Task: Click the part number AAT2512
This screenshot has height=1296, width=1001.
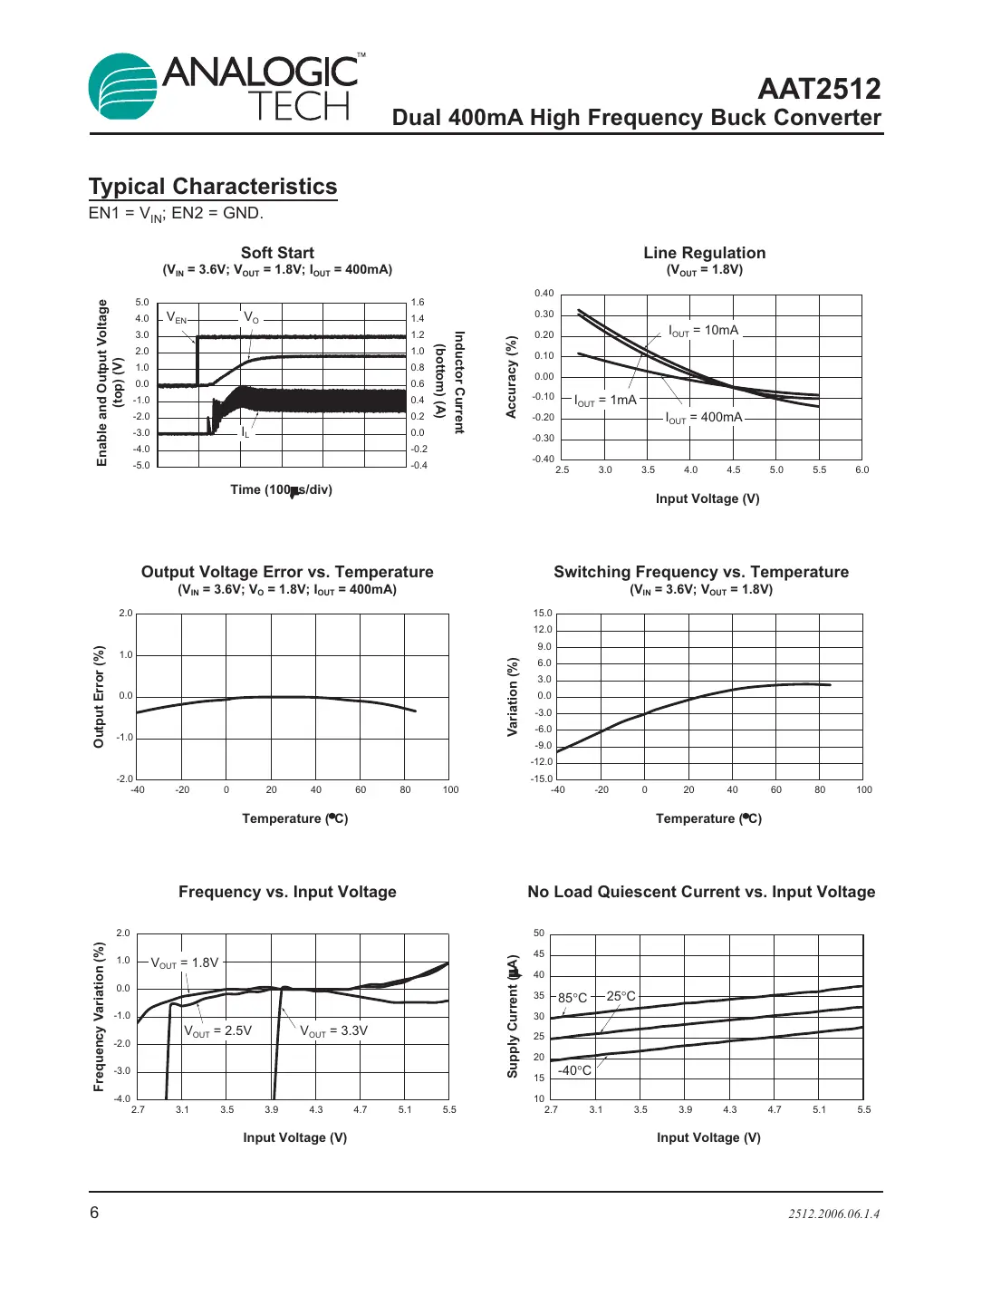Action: tap(819, 89)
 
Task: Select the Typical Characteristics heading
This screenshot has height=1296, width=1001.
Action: tap(213, 187)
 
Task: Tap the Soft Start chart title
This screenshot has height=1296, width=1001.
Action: tap(277, 253)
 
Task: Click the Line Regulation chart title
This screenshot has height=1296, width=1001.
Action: tap(704, 253)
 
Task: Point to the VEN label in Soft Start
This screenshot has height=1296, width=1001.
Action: tap(177, 318)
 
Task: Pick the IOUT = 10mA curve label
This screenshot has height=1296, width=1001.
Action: tap(703, 331)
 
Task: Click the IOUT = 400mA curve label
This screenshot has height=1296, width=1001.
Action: tap(704, 418)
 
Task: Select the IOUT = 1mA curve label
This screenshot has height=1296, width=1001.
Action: tap(605, 401)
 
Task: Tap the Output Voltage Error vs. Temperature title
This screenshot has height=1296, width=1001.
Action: tap(287, 572)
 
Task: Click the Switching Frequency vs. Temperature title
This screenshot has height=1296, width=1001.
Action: tap(701, 572)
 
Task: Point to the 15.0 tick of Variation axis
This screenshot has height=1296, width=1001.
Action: tap(543, 614)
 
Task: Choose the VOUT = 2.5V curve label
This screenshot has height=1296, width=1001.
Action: tap(217, 1031)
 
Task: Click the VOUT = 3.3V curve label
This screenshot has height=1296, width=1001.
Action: tap(333, 1031)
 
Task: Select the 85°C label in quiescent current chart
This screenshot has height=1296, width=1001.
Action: tap(573, 998)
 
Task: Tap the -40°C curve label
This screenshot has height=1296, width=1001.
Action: tap(574, 1070)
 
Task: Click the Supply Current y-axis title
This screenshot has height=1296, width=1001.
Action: tap(513, 1016)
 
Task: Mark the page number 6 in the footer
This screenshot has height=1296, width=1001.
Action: tap(94, 1213)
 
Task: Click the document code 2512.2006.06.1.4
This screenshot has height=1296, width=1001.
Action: tap(833, 1214)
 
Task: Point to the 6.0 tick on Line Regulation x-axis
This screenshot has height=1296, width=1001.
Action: tap(861, 470)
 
